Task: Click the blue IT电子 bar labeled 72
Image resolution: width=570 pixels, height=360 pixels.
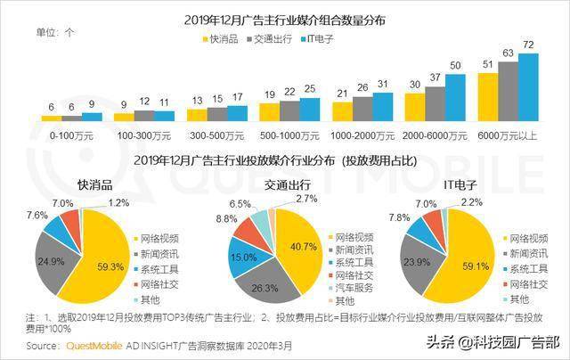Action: coord(528,87)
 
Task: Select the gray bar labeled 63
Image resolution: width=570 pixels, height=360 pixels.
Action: coord(509,91)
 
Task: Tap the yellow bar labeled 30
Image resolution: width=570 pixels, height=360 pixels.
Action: coord(415,107)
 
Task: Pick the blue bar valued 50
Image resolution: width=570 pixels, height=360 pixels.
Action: coord(455,98)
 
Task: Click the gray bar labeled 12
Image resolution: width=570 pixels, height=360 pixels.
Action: coord(144,116)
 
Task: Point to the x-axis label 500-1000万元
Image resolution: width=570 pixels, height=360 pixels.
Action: coord(289,136)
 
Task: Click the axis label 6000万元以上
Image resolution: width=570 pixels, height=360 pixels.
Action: coord(508,136)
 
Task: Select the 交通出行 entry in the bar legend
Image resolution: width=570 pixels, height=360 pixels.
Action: coord(269,39)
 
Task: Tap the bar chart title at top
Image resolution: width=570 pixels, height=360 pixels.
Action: coord(285,20)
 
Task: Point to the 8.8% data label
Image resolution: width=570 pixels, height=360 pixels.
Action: coord(226,219)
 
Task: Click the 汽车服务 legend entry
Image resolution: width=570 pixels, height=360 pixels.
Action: coord(350,288)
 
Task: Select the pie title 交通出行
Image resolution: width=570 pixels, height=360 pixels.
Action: coord(287,185)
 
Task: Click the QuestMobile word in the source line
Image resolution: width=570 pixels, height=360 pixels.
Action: coord(94,346)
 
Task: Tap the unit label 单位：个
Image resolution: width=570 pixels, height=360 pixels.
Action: coord(55,32)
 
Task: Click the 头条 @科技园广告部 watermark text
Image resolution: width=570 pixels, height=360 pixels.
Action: coord(493,342)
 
